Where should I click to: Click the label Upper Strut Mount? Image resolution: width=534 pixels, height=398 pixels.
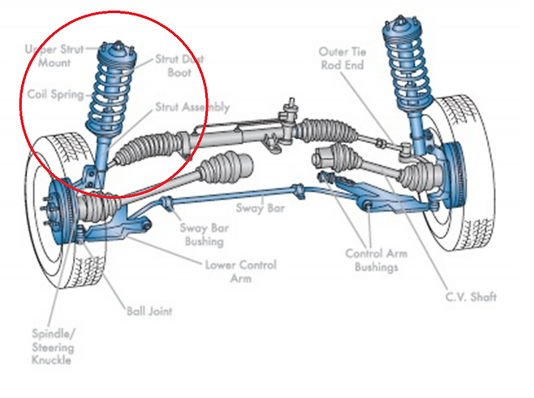click(55, 55)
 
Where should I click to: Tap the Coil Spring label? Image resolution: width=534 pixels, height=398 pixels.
click(56, 95)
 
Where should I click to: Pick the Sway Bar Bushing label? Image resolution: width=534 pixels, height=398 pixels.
click(204, 235)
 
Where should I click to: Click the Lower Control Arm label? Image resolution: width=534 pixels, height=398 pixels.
click(241, 271)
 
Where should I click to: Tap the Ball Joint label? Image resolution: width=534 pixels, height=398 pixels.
click(149, 310)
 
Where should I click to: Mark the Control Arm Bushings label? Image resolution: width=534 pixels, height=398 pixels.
click(377, 261)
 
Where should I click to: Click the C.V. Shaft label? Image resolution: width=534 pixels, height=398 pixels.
click(470, 297)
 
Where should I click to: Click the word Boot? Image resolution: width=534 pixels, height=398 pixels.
click(180, 72)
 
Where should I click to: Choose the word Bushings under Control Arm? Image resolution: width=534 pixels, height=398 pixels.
click(377, 267)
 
